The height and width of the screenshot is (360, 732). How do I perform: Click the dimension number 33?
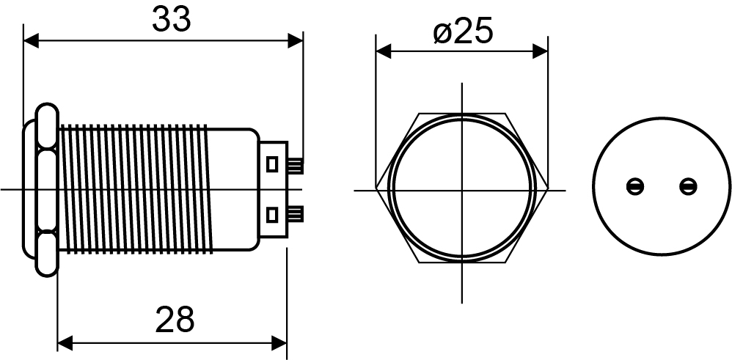[172, 20]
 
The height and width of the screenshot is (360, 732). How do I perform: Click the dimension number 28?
[174, 320]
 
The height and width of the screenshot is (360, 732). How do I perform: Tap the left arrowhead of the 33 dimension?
[31, 40]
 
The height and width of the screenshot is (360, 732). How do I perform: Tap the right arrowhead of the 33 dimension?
[296, 40]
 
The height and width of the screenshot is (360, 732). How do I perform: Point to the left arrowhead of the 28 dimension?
[65, 343]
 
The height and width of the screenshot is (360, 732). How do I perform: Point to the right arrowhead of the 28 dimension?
[279, 343]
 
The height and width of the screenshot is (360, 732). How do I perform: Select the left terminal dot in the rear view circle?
[635, 187]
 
